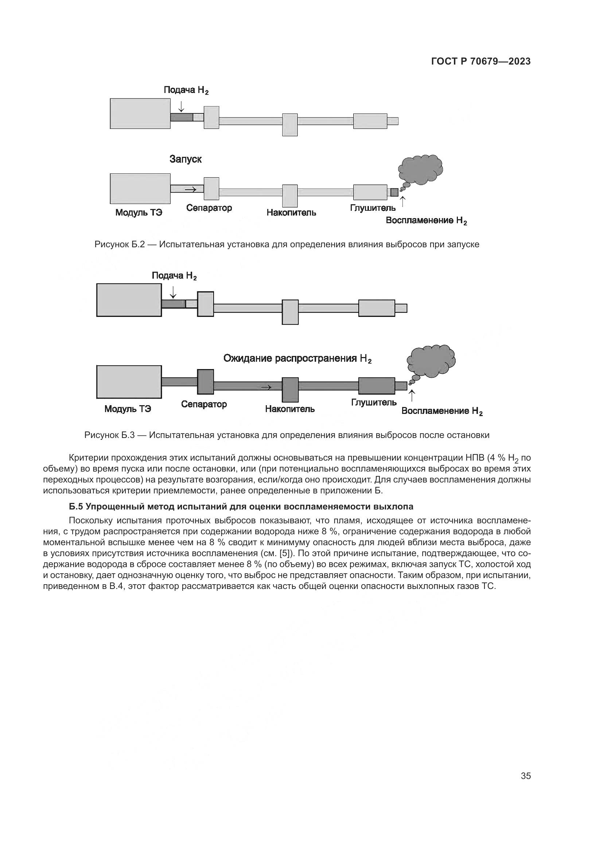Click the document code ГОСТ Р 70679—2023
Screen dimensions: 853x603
pyautogui.click(x=481, y=61)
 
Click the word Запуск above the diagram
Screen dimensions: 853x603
pyautogui.click(x=185, y=159)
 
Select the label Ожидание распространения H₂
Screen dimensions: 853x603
pyautogui.click(x=297, y=358)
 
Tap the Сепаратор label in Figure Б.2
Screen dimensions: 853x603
pyautogui.click(x=209, y=208)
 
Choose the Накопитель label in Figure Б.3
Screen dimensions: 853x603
pyautogui.click(x=289, y=409)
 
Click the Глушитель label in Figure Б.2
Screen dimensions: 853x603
pyautogui.click(x=373, y=208)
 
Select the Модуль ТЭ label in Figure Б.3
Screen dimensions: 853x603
pyautogui.click(x=128, y=409)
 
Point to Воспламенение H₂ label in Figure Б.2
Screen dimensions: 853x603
pyautogui.click(x=426, y=221)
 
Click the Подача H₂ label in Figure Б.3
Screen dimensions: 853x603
pyautogui.click(x=174, y=276)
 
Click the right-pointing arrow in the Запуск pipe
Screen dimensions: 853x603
pyautogui.click(x=190, y=190)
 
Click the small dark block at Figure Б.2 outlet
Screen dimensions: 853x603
pyautogui.click(x=394, y=193)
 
